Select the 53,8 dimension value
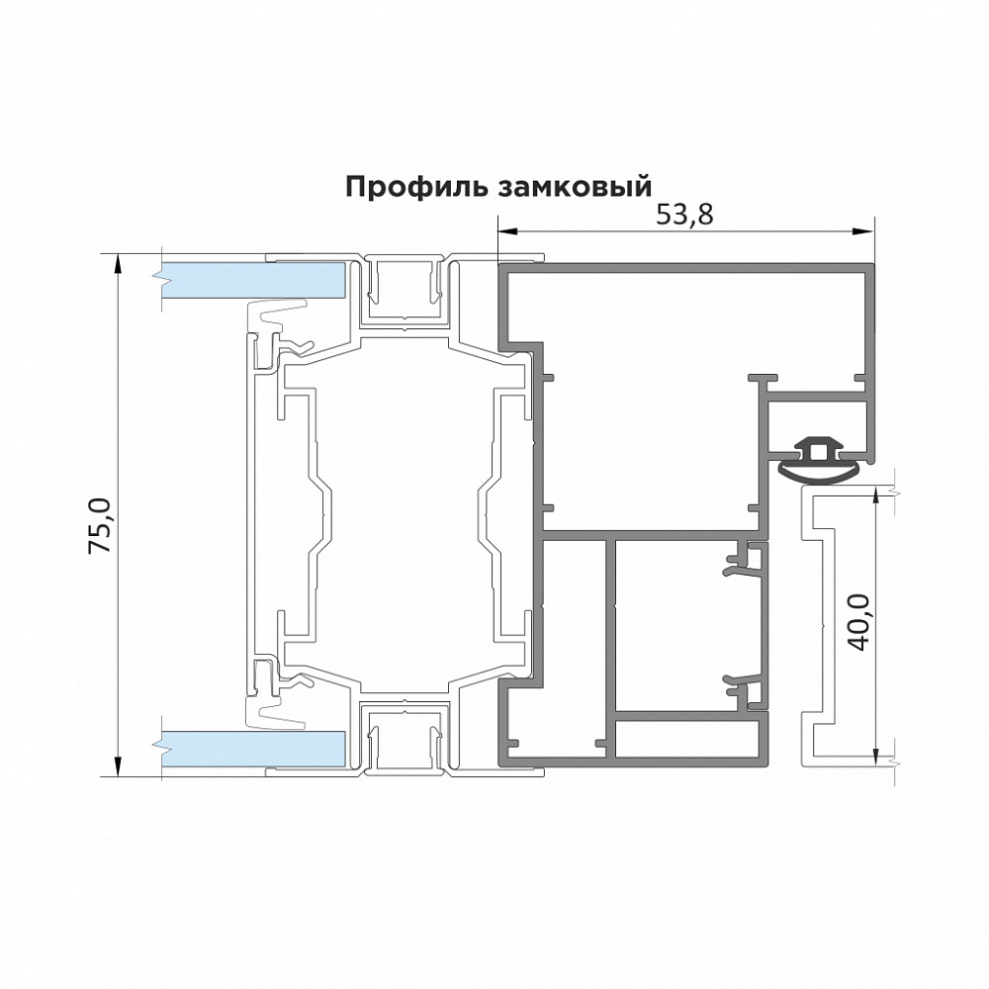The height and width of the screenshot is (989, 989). pyautogui.click(x=684, y=215)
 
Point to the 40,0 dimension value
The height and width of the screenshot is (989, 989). pyautogui.click(x=857, y=620)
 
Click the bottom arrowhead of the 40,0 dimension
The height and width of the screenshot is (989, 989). pyautogui.click(x=876, y=752)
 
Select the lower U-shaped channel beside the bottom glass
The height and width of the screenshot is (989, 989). pyautogui.click(x=405, y=738)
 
